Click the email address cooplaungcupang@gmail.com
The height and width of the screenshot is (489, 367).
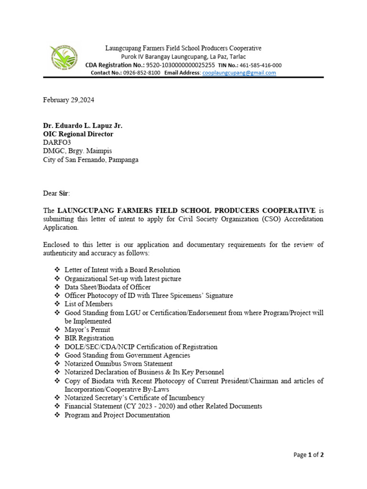pos(239,73)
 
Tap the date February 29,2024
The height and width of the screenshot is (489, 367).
pos(72,100)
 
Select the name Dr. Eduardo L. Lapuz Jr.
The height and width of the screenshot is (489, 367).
pos(83,126)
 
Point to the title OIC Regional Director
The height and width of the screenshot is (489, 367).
pos(78,134)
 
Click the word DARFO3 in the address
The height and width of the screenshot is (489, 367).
pos(56,143)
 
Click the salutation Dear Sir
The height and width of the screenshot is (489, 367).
pos(56,193)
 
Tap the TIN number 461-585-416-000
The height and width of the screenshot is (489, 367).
pos(260,65)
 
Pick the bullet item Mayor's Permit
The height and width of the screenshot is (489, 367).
pos(87,330)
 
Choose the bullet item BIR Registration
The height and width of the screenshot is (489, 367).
pos(89,338)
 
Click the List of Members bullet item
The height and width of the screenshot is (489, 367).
pos(88,304)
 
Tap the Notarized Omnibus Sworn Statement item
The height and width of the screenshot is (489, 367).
pos(119,363)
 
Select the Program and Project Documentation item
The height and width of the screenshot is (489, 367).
pos(117,415)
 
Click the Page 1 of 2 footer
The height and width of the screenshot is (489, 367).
pos(308,455)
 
